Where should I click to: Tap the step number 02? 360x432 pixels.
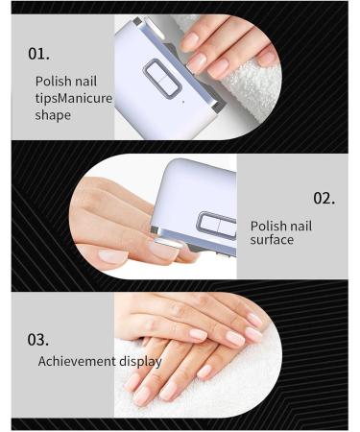coord(324,199)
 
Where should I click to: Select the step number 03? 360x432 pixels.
coord(39,338)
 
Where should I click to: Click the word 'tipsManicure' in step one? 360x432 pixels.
coord(73,97)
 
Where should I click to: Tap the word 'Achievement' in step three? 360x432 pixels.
coord(80,362)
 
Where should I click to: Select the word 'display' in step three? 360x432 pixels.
coord(142,362)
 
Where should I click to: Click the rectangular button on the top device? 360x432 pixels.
coord(162,78)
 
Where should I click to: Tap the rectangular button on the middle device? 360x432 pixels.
coord(216,226)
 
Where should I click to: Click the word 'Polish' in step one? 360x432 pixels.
coord(53,81)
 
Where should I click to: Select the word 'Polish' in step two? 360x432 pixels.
coord(270,227)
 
